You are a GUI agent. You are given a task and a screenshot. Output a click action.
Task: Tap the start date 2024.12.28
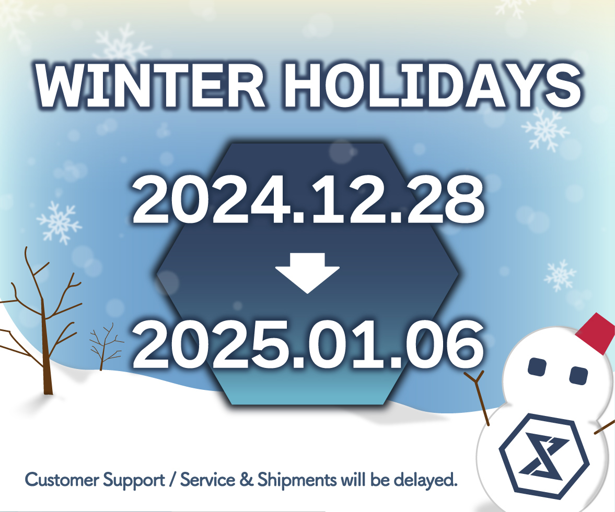(308, 200)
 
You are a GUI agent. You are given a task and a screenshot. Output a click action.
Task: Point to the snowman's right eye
(578, 375)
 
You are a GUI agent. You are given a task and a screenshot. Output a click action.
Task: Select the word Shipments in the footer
(297, 480)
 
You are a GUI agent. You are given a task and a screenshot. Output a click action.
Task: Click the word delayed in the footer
(425, 480)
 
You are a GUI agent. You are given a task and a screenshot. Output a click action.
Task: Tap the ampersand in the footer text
(246, 480)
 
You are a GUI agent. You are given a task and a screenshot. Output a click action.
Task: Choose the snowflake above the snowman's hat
(560, 276)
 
